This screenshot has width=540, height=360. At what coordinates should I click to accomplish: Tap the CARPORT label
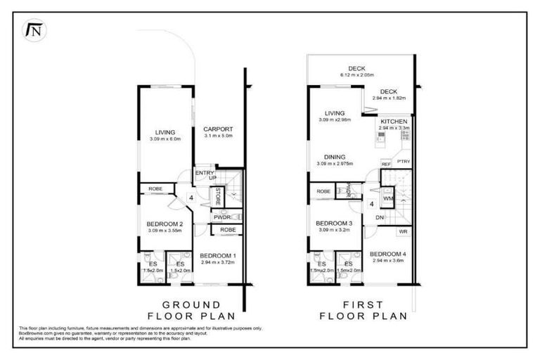[218, 129]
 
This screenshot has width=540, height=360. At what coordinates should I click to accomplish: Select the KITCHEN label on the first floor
[392, 122]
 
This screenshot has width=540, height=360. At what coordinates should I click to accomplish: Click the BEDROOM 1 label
[218, 255]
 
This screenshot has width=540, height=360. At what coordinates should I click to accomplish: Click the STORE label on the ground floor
[218, 195]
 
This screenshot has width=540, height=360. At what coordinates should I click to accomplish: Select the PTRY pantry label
[404, 162]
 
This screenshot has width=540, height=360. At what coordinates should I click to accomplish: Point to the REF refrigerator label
[386, 164]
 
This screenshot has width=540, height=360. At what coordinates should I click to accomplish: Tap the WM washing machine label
[387, 199]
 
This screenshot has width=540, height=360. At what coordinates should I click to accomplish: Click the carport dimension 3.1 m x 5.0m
[218, 136]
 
